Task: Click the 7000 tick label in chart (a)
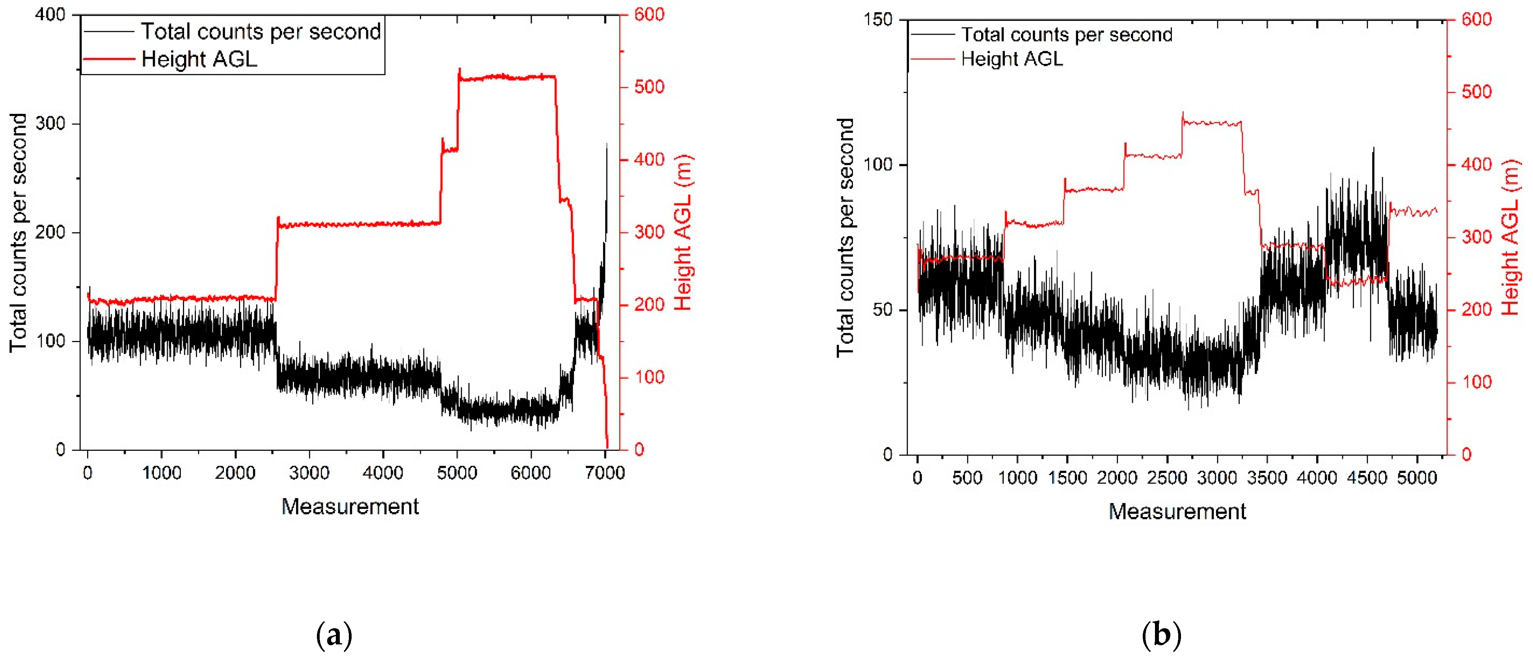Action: tap(605, 473)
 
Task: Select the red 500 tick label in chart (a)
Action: tap(649, 87)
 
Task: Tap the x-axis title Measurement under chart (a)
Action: tap(350, 507)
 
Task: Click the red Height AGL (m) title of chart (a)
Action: tap(683, 232)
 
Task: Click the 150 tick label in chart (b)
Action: tap(878, 20)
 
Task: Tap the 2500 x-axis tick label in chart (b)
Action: tap(1167, 478)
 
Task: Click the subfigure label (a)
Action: tap(334, 635)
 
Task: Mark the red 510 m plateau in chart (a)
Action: tap(506, 77)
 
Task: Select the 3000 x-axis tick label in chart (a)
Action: tap(309, 473)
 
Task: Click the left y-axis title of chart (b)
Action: tap(845, 237)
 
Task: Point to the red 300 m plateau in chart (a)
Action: tap(357, 224)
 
